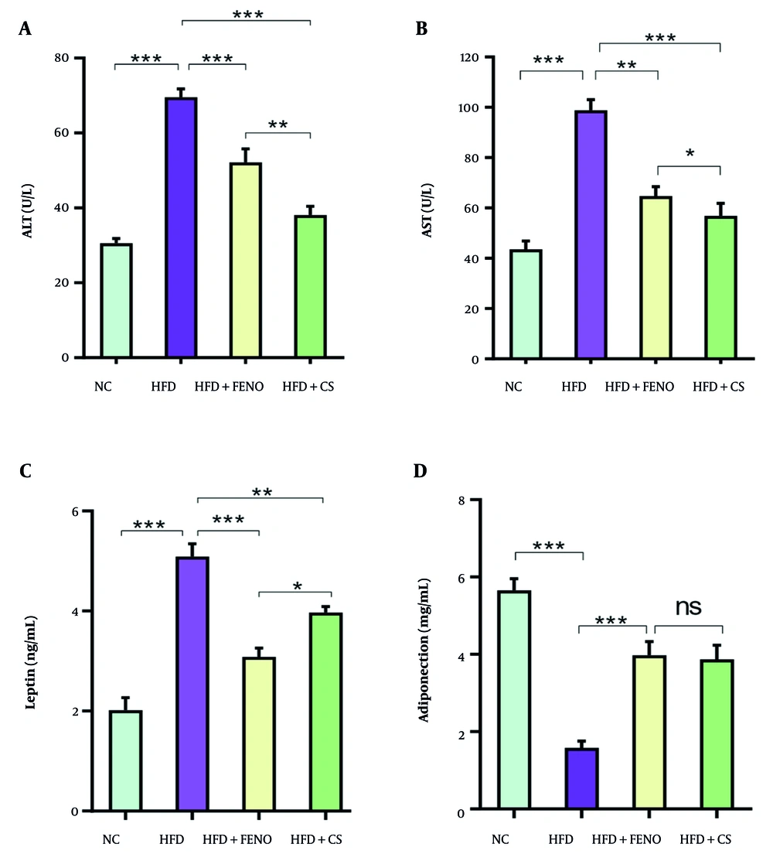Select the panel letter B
coord(422,29)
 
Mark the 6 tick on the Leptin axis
coord(75,511)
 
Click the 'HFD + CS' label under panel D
coord(705,839)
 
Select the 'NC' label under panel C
coord(112,839)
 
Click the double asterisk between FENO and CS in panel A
coord(278,124)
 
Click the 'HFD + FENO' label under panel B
coord(639,386)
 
